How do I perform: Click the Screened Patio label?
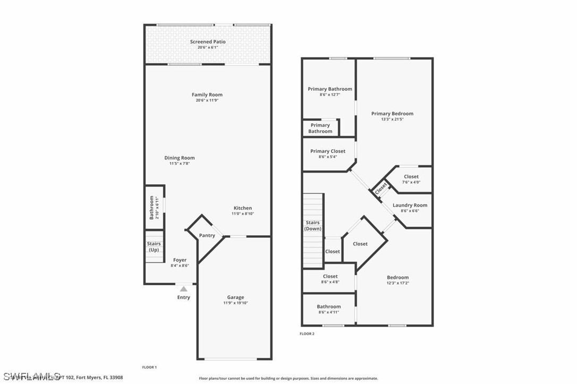[x=208, y=41]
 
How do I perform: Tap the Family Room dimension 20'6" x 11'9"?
[x=207, y=100]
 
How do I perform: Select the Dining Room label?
[x=180, y=158]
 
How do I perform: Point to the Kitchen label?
[x=243, y=208]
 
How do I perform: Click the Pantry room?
[x=207, y=235]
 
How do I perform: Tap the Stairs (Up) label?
[x=154, y=247]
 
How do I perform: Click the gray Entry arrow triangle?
[x=183, y=288]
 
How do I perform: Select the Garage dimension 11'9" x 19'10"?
[x=235, y=303]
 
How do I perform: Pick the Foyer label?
[x=180, y=260]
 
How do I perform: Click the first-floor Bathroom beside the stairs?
[x=154, y=207]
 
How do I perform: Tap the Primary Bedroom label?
[x=392, y=114]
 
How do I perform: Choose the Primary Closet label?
[x=328, y=151]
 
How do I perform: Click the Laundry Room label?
[x=410, y=205]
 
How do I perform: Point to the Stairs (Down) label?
[x=312, y=226]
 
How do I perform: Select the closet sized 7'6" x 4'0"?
[x=411, y=179]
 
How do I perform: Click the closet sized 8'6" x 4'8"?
[x=330, y=279]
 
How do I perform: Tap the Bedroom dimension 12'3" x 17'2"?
[x=397, y=283]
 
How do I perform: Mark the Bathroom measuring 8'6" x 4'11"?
[x=328, y=309]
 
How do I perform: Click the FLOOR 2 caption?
[x=307, y=334]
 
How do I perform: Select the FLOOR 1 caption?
[x=149, y=367]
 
